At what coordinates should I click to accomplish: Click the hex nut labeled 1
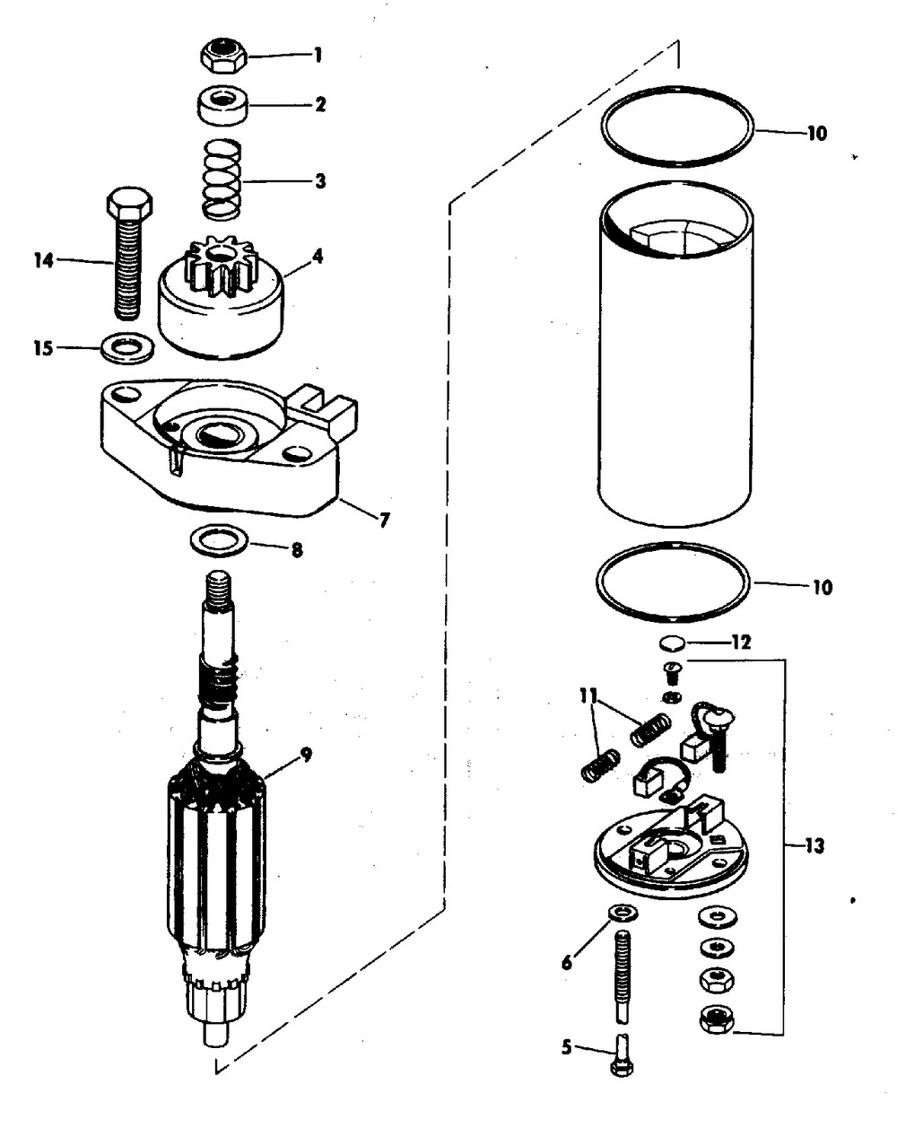223,55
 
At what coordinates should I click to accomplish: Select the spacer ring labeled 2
222,105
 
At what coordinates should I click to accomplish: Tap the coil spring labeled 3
222,179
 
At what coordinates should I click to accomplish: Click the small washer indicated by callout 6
623,914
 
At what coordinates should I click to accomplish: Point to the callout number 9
306,755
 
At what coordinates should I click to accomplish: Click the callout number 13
814,845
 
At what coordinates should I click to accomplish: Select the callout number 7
385,520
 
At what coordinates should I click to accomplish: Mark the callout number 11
588,696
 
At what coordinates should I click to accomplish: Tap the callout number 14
44,260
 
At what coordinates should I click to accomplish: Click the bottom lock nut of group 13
718,1019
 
